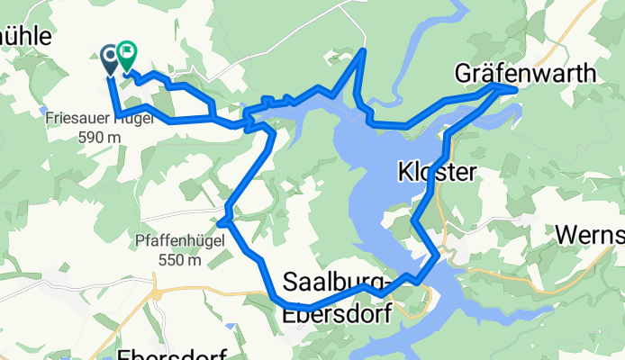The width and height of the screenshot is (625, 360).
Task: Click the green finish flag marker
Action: [x=125, y=56]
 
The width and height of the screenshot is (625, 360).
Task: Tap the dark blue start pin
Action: [x=109, y=58]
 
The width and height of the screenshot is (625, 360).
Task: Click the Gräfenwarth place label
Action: [x=525, y=72]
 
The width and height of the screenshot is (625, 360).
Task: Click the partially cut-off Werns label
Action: [x=589, y=235]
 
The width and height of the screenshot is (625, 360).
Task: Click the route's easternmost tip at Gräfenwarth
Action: [x=515, y=89]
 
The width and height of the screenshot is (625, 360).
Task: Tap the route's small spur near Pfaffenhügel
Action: [x=220, y=220]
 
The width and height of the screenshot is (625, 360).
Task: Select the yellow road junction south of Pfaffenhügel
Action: [x=155, y=293]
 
